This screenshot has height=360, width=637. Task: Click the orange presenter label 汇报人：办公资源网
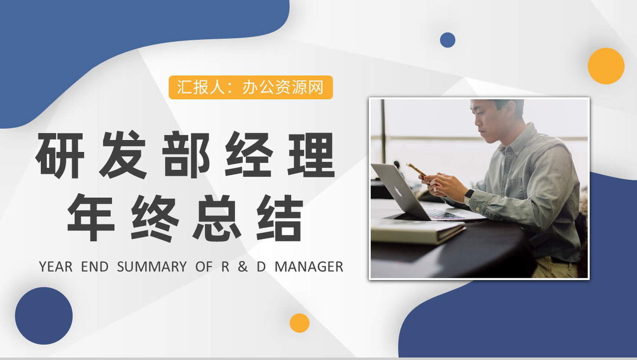coord(251,87)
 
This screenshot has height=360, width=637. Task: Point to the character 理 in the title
coord(311,155)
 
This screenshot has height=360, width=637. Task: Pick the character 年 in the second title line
coord(91,218)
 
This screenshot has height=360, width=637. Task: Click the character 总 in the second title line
coord(217,218)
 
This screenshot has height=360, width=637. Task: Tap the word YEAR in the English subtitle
coord(56,267)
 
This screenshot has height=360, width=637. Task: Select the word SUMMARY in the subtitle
coord(152,267)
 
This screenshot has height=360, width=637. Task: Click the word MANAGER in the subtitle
coord(309,267)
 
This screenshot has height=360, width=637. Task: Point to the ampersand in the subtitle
coord(243,267)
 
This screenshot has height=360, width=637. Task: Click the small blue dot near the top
coord(447,40)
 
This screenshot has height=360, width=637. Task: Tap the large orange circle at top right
coord(606,66)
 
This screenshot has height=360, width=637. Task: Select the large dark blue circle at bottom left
coord(44,316)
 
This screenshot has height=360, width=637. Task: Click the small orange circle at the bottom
coord(299,323)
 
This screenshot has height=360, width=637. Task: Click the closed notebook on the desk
coord(417,231)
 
